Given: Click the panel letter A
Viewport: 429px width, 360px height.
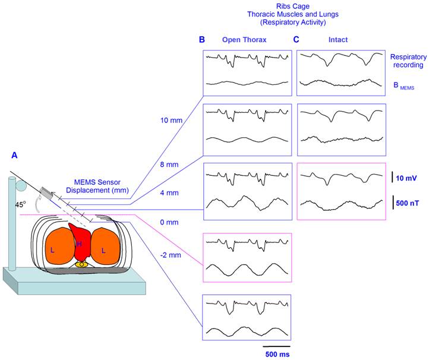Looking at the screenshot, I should [x=15, y=155].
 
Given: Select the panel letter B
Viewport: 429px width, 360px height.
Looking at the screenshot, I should [x=202, y=40].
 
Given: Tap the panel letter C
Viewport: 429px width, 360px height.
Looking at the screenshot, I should [x=297, y=40].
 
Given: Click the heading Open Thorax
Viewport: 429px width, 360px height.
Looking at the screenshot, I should [x=245, y=40].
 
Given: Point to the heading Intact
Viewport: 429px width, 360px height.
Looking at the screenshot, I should [x=339, y=40].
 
